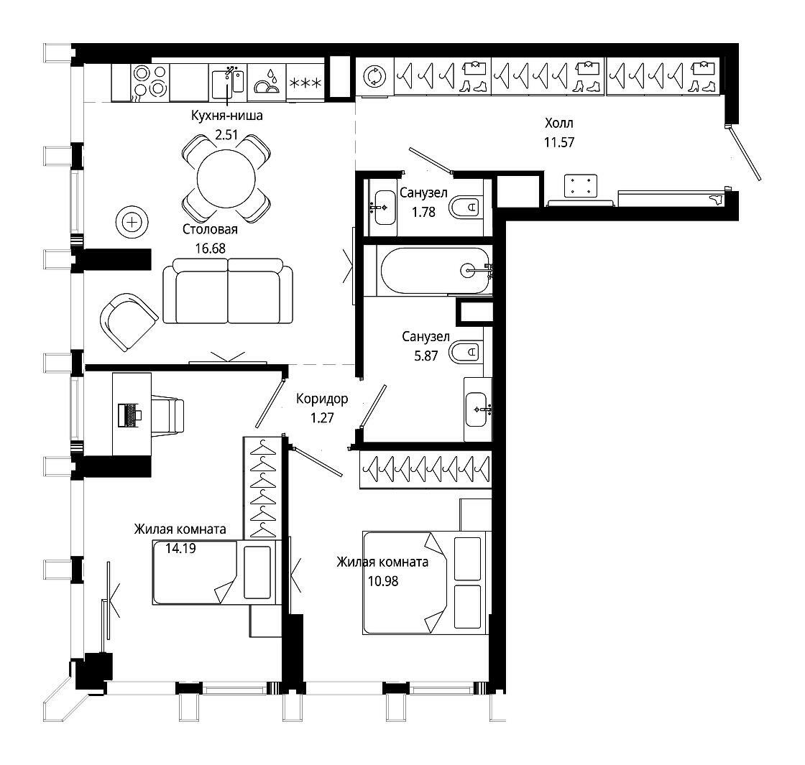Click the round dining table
coord(226,179)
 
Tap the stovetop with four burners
coord(150,82)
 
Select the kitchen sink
coord(228,83)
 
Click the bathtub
coord(436,270)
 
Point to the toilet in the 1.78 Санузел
coord(466,208)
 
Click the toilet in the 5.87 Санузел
coord(466,353)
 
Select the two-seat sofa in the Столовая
coord(228,291)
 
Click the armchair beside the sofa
coord(129,322)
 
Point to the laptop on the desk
coord(129,414)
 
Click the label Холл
coord(559,123)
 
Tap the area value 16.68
coord(210,249)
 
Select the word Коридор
coord(322,399)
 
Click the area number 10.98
coord(383,581)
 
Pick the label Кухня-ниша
coord(227,115)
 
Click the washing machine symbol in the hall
coord(374,76)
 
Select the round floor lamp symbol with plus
coord(132,223)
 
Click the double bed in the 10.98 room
coord(425,583)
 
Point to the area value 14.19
coord(180,549)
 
